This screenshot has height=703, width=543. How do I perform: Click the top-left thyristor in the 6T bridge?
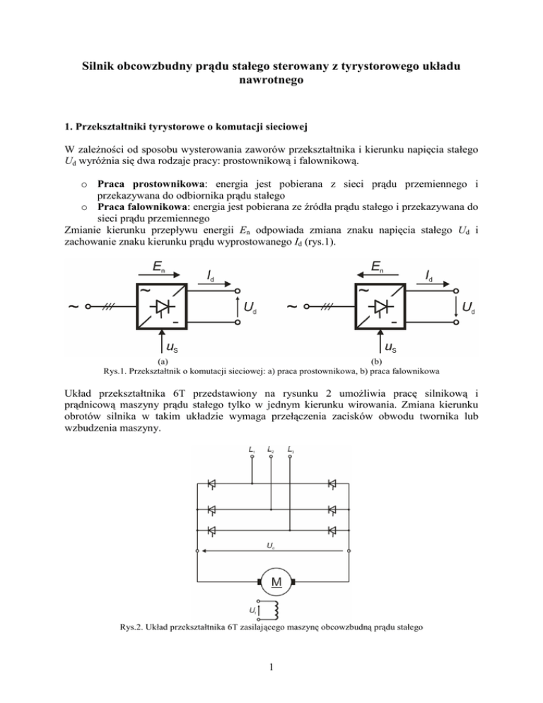coord(210,484)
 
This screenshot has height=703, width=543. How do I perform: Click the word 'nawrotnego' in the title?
coord(271,81)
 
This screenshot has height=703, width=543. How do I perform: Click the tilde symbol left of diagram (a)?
coord(73,307)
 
